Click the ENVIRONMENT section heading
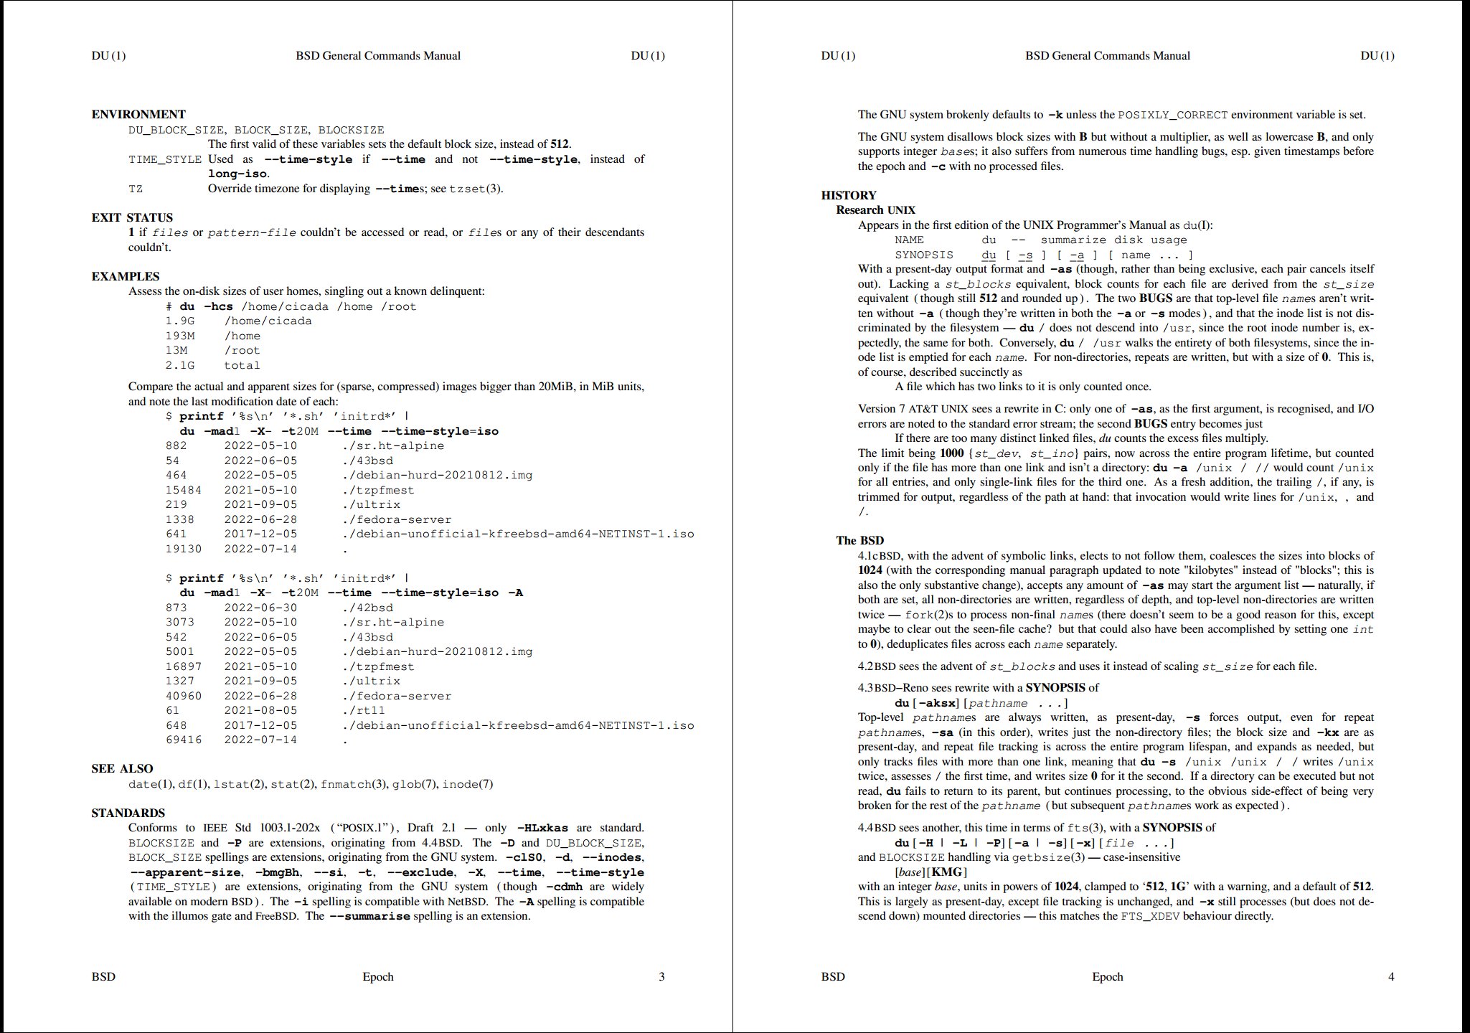(138, 114)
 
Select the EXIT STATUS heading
(132, 217)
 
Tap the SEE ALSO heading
(122, 768)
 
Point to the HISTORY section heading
(849, 195)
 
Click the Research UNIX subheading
(875, 209)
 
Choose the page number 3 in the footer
(661, 976)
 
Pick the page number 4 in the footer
(1391, 976)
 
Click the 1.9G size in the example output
(179, 321)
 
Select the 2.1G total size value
(179, 365)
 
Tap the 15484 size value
(183, 490)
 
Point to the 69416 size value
(183, 740)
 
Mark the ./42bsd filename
(367, 608)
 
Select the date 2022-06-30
(260, 608)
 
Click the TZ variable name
(136, 189)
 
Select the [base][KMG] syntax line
(930, 872)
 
